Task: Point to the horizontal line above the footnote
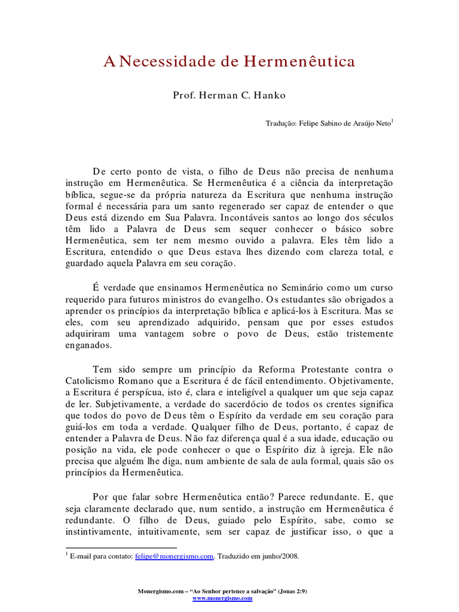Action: [x=121, y=547]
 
